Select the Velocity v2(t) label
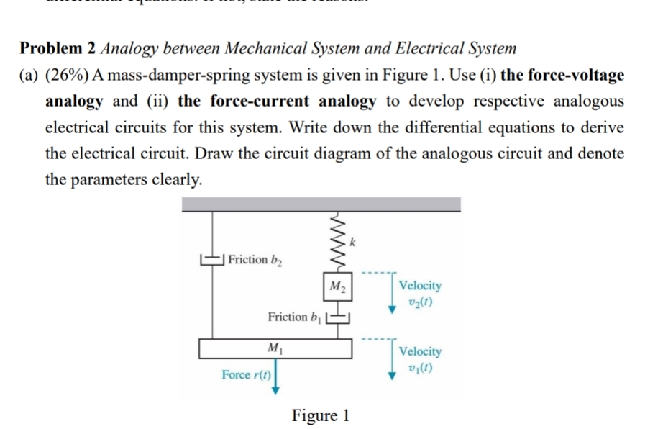pyautogui.click(x=420, y=293)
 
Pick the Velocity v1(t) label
pyautogui.click(x=420, y=358)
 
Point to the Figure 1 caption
pyautogui.click(x=321, y=415)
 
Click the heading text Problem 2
pyautogui.click(x=58, y=49)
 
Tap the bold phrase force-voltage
pyautogui.click(x=557, y=75)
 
